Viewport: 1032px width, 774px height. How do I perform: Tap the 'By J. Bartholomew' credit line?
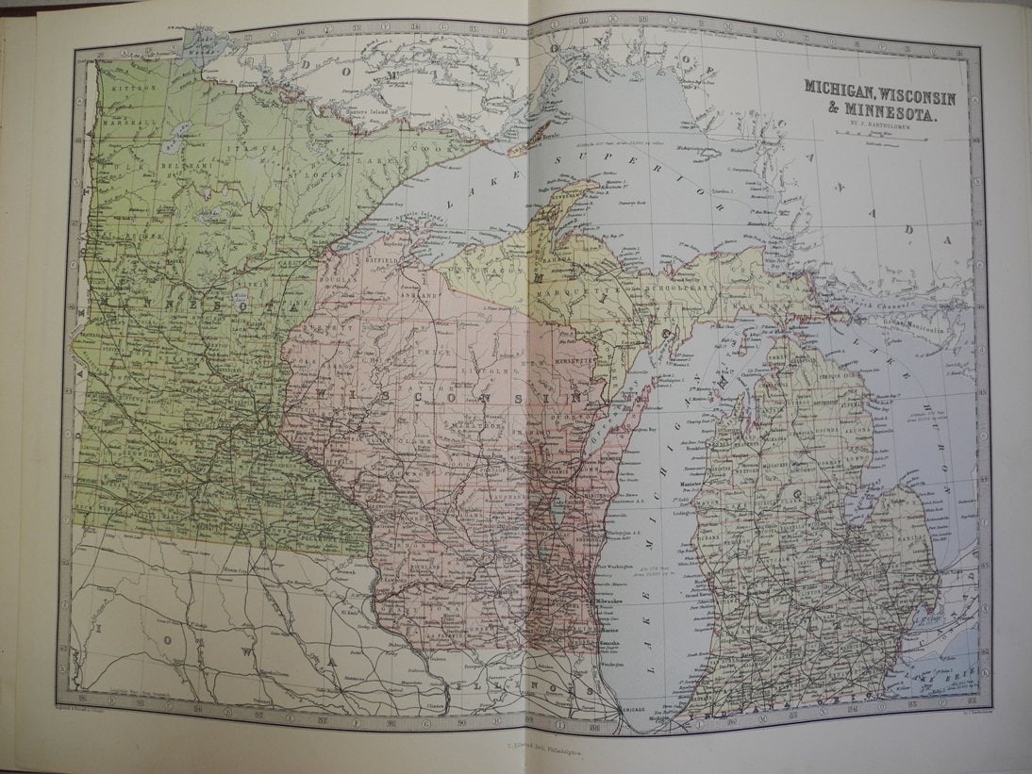click(879, 122)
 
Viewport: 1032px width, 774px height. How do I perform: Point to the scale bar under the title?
click(879, 135)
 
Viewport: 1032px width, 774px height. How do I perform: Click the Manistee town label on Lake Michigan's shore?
click(694, 487)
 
